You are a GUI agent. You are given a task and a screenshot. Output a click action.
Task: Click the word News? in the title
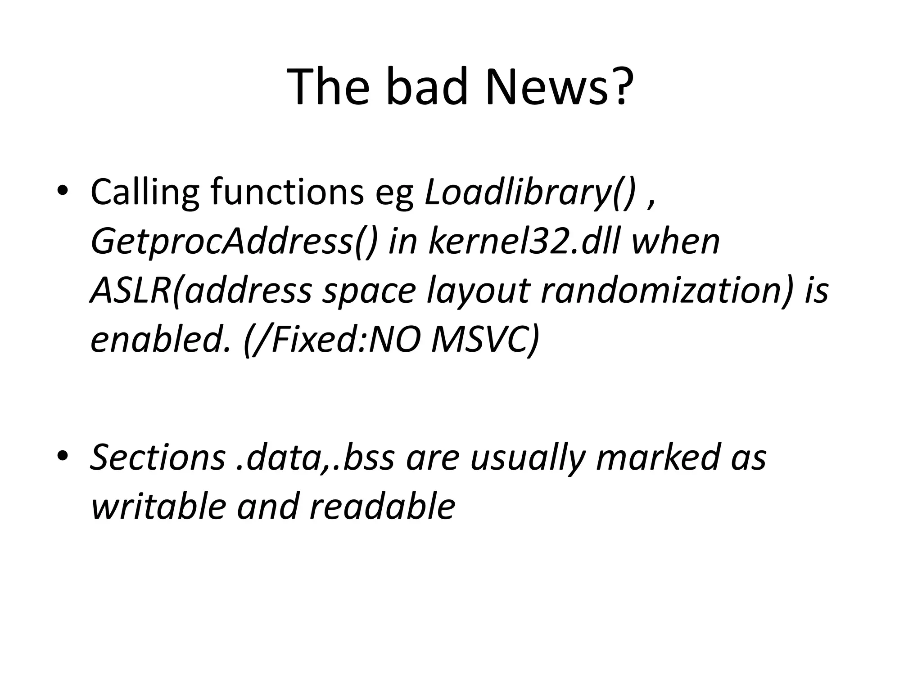pyautogui.click(x=558, y=86)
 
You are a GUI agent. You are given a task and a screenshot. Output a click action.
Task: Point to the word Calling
pyautogui.click(x=144, y=193)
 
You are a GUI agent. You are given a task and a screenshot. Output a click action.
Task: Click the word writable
pyautogui.click(x=158, y=507)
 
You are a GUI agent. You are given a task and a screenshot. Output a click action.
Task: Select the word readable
pyautogui.click(x=383, y=507)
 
